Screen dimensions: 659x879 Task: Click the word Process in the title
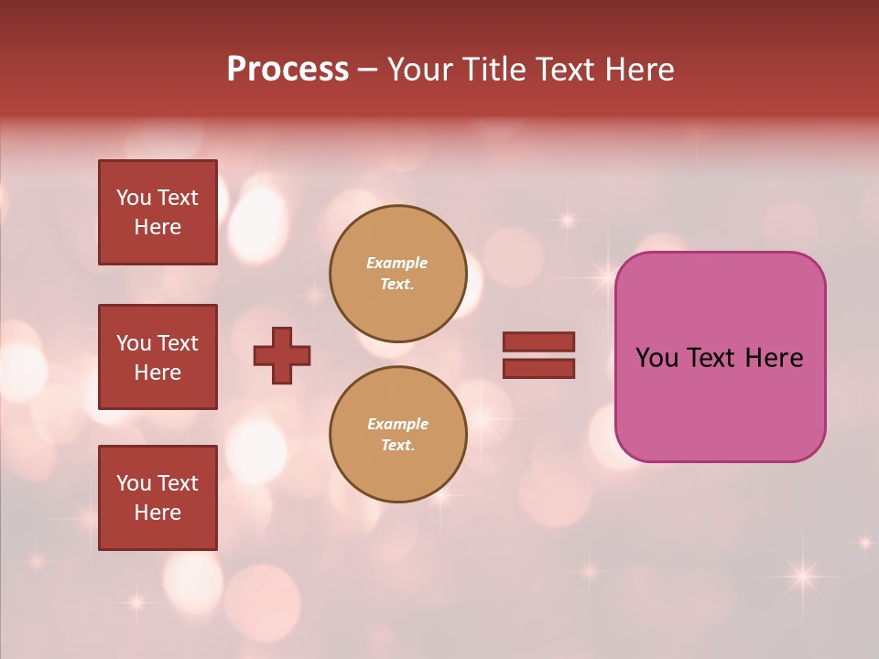(288, 70)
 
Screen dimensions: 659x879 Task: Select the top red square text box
(157, 212)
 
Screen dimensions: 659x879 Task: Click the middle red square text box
(157, 357)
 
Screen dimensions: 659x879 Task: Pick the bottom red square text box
(157, 498)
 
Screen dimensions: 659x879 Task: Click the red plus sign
(282, 355)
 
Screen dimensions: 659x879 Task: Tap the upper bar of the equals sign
(538, 342)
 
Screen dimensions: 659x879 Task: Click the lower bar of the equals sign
(538, 368)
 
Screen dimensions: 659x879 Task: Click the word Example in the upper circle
(397, 264)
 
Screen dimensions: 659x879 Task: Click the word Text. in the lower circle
(397, 446)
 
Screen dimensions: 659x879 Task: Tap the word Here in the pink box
(774, 358)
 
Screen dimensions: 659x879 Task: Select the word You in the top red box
(134, 198)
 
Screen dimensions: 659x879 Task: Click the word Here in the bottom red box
(157, 513)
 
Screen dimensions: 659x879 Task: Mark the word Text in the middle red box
(177, 343)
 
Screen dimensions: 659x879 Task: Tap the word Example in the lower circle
(397, 425)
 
